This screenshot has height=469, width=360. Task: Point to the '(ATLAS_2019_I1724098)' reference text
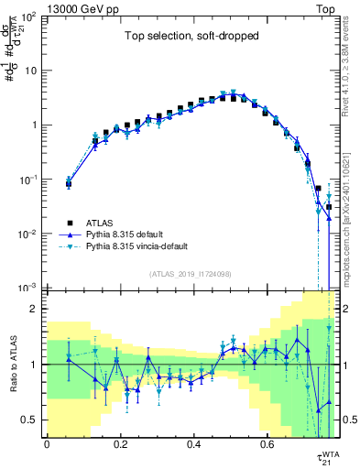coord(191,273)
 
